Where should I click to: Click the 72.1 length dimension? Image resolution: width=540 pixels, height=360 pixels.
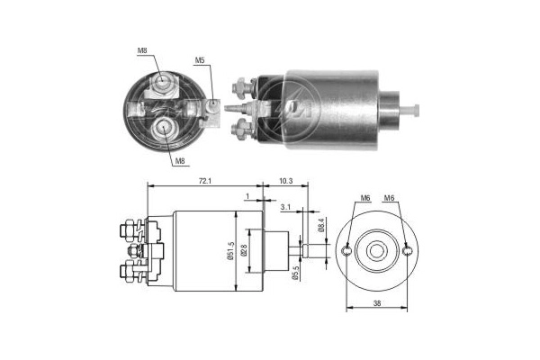(x=205, y=182)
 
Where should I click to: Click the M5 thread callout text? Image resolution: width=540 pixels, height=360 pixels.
(x=201, y=61)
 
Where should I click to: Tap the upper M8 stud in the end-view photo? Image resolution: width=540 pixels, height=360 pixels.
(x=162, y=84)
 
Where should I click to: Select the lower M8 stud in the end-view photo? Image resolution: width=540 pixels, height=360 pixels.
(x=164, y=126)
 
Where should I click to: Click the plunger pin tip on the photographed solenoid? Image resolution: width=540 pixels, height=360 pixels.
(x=417, y=110)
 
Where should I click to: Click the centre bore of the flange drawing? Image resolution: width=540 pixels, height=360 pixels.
(x=377, y=250)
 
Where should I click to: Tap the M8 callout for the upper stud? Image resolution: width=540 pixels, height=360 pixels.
(x=142, y=50)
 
